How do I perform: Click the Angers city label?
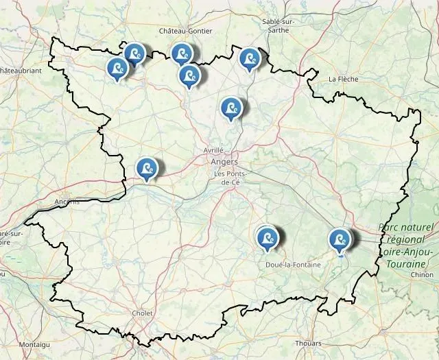(x=225, y=162)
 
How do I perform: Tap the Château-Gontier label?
(x=185, y=31)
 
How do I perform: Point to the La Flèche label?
(x=342, y=79)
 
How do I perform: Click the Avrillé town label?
(x=213, y=149)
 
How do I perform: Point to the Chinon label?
(x=421, y=274)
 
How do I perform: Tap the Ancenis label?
(x=66, y=202)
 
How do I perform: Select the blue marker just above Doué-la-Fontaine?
(x=267, y=238)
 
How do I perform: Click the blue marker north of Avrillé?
(x=231, y=108)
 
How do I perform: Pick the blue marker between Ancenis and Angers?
(x=146, y=169)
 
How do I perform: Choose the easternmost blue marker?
(x=339, y=240)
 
